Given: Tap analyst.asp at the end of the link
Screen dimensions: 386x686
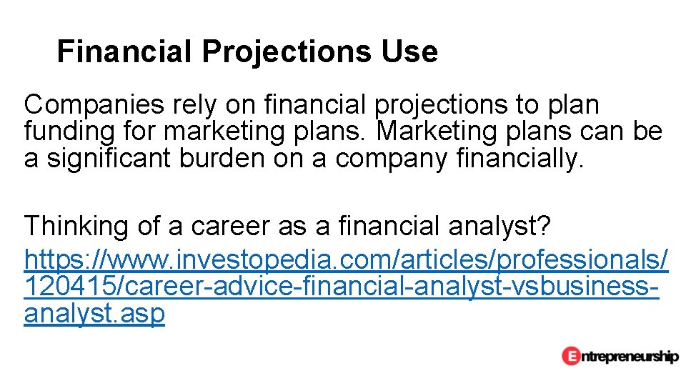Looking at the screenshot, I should tap(94, 314).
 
